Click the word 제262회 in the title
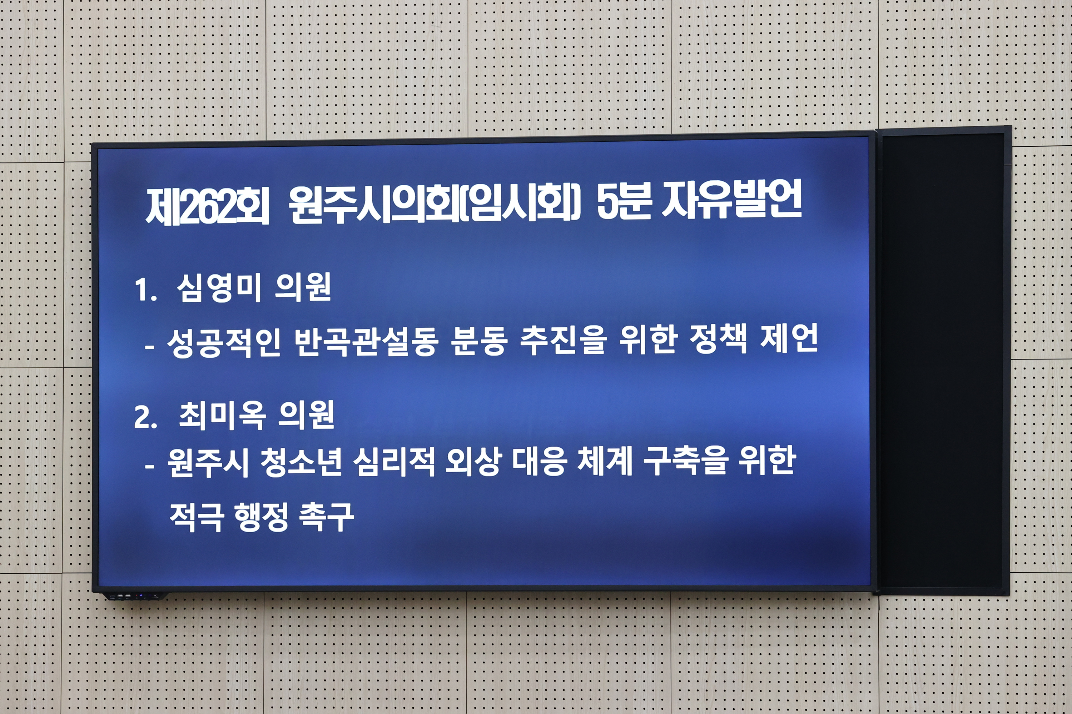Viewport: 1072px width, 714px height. coord(207,206)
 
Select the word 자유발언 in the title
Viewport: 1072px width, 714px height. coord(731,200)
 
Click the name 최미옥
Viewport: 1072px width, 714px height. coord(222,415)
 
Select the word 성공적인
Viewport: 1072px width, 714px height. coord(223,342)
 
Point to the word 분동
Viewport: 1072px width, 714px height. coord(478,342)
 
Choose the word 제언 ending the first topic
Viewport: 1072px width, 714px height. coord(789,339)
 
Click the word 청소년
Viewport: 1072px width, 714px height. coord(301,463)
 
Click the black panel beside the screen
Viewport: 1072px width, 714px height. coord(942,360)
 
